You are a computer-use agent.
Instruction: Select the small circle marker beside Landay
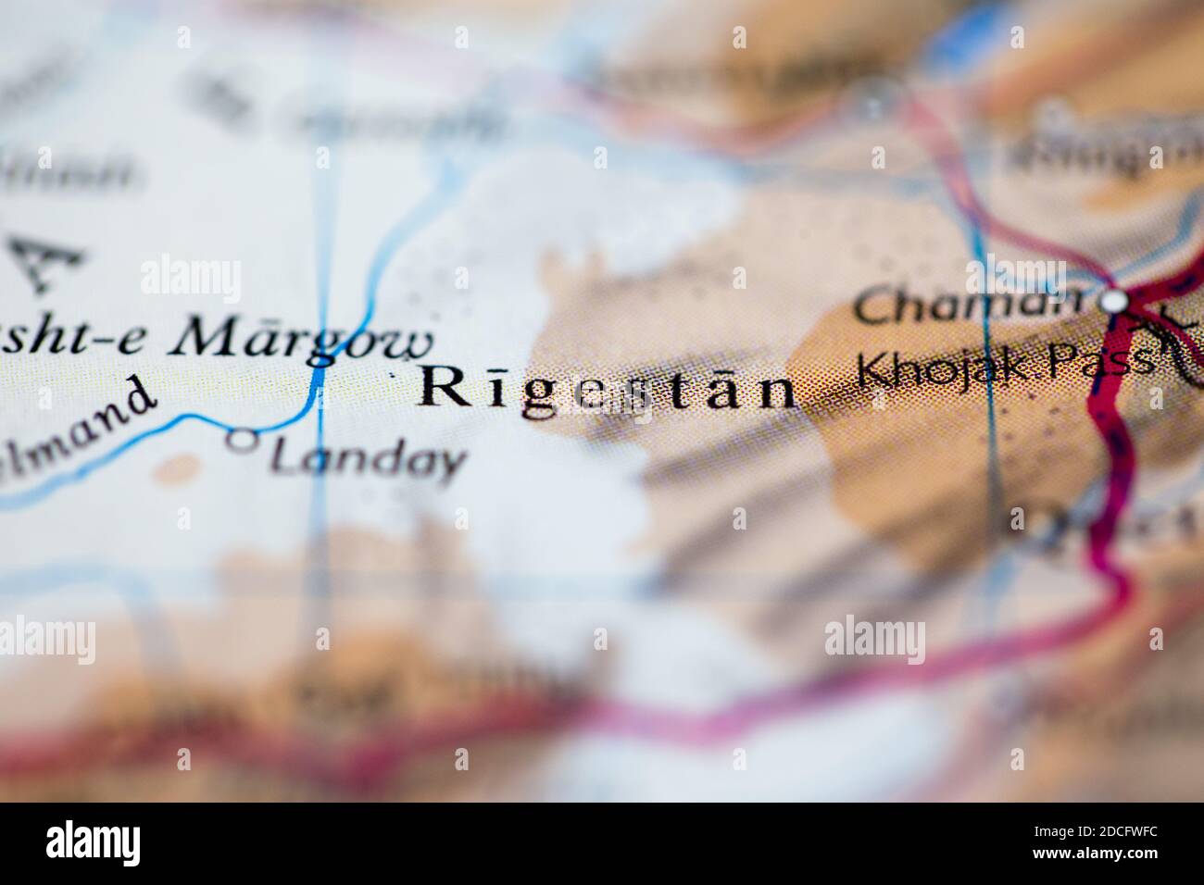(242, 442)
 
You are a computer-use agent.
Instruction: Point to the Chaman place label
(968, 305)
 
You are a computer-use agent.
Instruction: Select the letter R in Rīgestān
(443, 387)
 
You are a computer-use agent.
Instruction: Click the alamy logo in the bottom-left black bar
(93, 842)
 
